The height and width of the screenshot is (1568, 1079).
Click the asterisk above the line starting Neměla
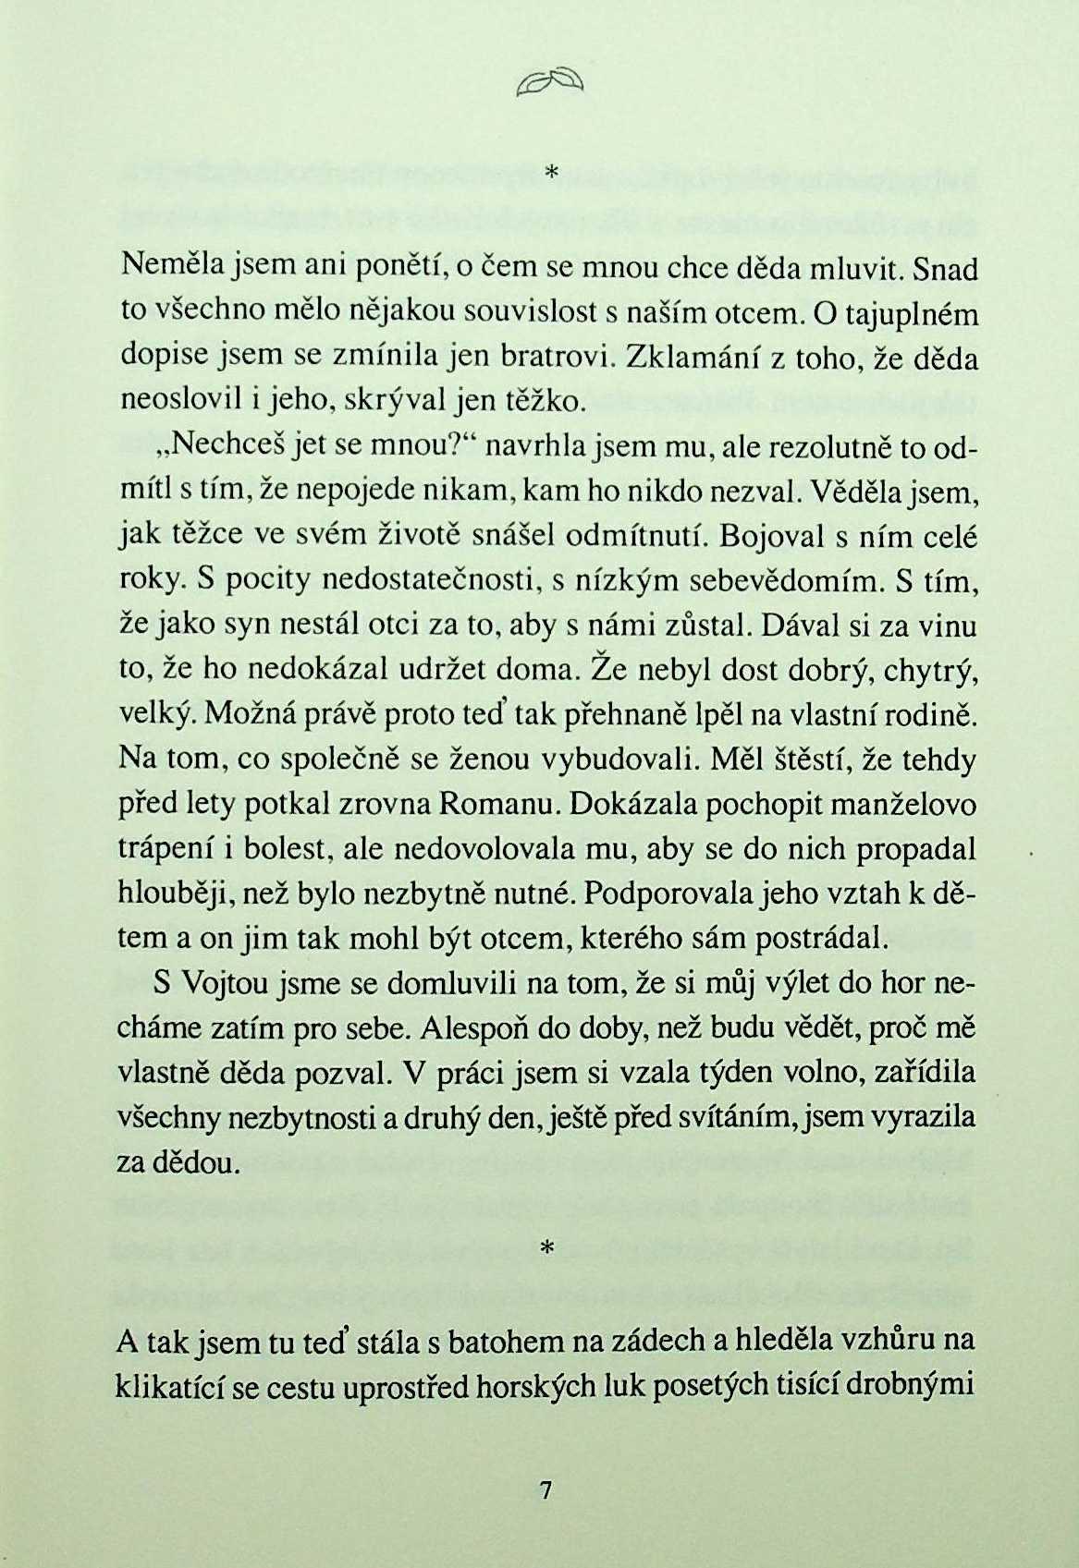552,172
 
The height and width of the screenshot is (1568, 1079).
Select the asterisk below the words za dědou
545,1248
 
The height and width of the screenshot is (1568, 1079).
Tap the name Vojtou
222,985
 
